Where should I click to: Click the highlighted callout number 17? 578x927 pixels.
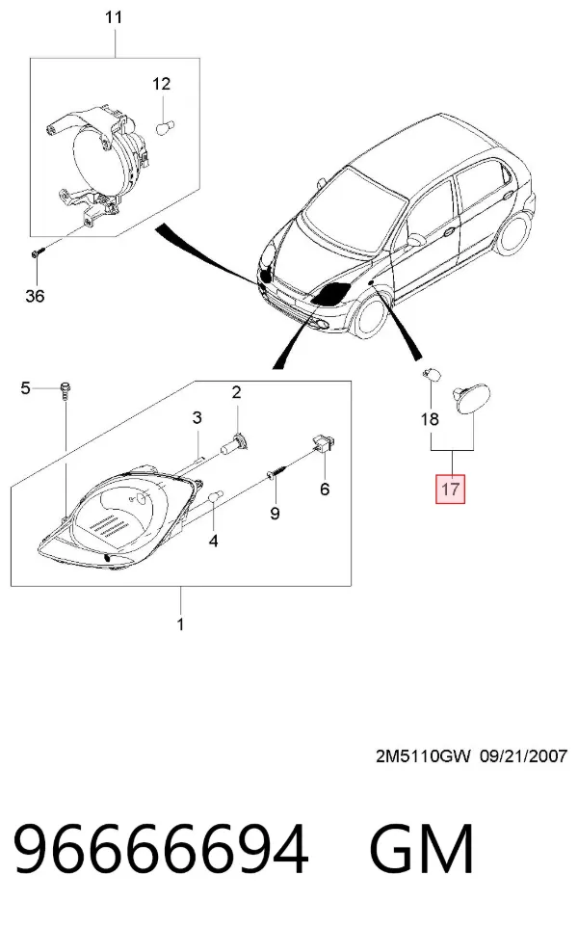450,489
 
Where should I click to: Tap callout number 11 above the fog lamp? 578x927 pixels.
114,17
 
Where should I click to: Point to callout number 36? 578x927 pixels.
35,295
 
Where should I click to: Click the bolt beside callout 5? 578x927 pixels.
65,391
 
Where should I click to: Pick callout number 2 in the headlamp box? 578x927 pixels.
236,392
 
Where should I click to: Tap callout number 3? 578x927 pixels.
197,418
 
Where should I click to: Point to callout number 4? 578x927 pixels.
213,541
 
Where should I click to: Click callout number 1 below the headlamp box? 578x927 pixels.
180,623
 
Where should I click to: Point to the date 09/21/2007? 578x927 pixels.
524,755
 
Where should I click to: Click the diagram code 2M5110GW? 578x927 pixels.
423,755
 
